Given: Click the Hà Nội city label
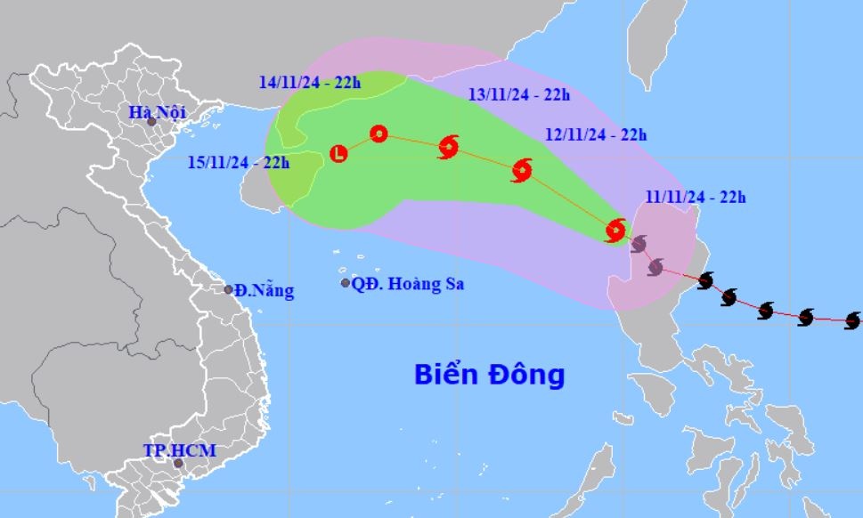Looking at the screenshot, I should click(x=154, y=112).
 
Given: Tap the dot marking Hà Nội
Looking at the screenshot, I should click(x=151, y=122).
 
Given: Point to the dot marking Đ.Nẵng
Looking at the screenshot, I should click(x=229, y=289).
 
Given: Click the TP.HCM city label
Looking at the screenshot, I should click(x=179, y=450).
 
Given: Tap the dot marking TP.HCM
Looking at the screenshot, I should click(x=178, y=463).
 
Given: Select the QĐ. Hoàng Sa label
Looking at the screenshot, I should click(x=408, y=284).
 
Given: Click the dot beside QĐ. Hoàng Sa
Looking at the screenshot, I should click(x=346, y=283).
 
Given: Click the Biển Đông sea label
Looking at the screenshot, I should click(x=489, y=375).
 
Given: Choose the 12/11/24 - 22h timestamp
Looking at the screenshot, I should click(x=596, y=135).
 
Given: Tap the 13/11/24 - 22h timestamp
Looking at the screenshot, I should click(x=519, y=94).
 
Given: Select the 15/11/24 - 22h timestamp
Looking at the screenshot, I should click(x=240, y=163).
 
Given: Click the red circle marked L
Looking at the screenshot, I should click(x=338, y=154).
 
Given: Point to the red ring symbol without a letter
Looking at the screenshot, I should click(x=379, y=134).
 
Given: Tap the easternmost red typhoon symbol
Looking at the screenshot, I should click(x=615, y=231).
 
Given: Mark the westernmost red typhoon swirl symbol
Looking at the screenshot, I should click(x=449, y=148).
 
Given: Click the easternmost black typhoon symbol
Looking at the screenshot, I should click(x=852, y=320).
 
